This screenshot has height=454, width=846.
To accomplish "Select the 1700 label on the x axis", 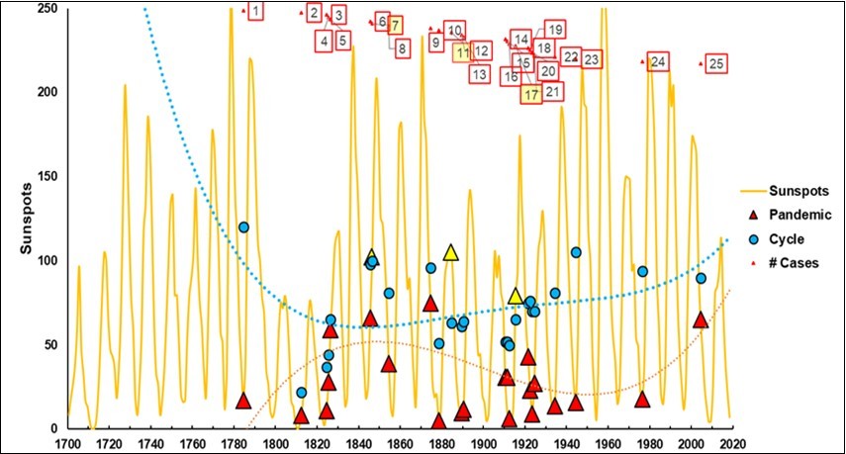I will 67,443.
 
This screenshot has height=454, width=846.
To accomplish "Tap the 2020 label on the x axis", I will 731,443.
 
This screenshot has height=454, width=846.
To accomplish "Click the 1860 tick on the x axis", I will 400,443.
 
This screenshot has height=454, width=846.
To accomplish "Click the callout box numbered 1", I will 255,11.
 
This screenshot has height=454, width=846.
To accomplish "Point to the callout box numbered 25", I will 716,63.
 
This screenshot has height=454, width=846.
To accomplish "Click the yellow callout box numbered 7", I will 395,25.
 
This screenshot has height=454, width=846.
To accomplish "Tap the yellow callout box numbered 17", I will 531,95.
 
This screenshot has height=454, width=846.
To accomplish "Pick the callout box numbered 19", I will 555,29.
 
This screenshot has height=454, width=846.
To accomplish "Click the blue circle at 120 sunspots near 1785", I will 243,227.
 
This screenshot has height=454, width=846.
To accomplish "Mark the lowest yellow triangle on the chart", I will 516,296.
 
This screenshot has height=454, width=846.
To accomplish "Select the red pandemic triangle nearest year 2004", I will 701,320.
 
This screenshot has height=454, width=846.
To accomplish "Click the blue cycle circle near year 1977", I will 642,271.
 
